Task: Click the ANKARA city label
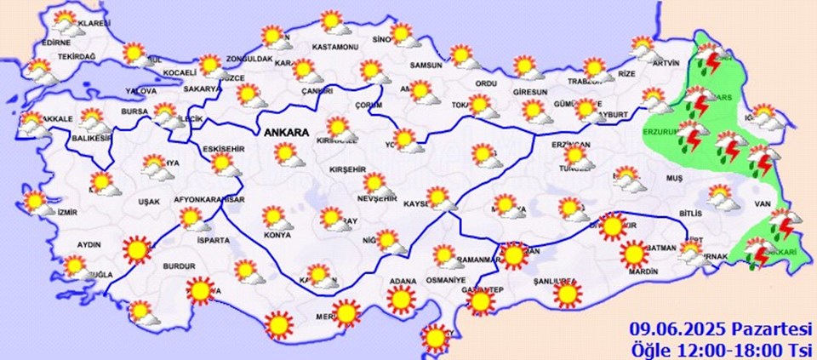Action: pyautogui.click(x=288, y=132)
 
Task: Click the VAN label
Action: pyautogui.click(x=763, y=205)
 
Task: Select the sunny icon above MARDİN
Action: pyautogui.click(x=632, y=254)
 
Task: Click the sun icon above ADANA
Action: pyautogui.click(x=400, y=299)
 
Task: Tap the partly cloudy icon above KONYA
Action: pyautogui.click(x=277, y=218)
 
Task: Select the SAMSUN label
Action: pyautogui.click(x=426, y=66)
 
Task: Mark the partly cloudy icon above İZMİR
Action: pyautogui.click(x=36, y=203)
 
